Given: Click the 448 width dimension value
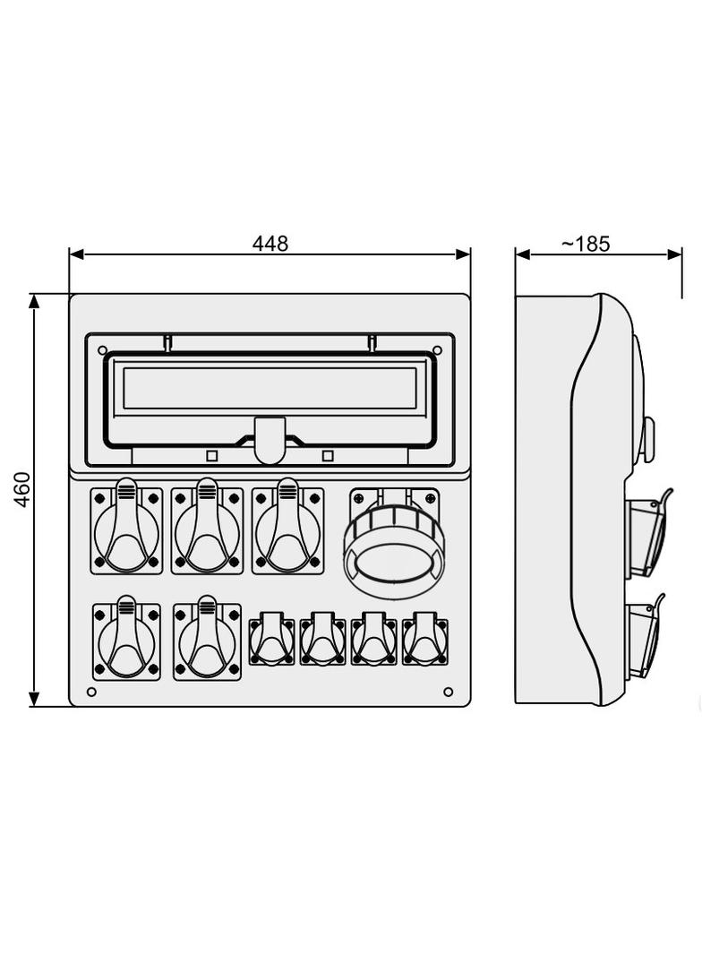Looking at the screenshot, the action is click(x=270, y=244).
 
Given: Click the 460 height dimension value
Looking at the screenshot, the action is click(x=21, y=489).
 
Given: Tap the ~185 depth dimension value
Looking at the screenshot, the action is click(x=585, y=244).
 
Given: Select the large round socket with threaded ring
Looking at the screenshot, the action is click(x=394, y=543).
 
